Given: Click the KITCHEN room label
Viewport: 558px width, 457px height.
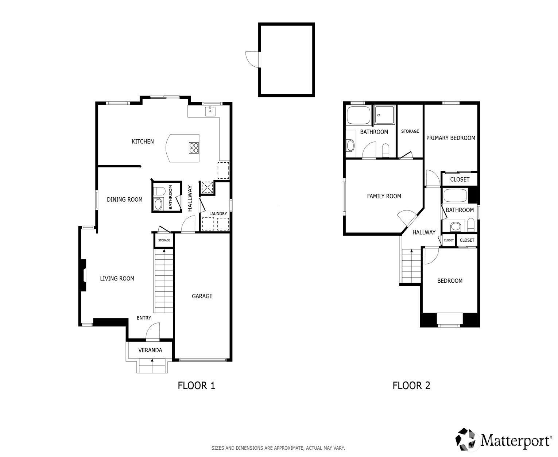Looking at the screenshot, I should pos(143,142).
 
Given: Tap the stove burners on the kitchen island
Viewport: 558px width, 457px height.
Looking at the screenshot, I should pos(194,147).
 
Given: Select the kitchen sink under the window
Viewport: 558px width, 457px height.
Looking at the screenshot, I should pos(210,111).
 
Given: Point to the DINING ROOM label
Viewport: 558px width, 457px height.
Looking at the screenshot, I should pos(124,200).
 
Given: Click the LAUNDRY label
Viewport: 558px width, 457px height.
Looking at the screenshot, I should pos(218,214).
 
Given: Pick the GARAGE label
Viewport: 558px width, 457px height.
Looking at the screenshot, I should pos(202,296).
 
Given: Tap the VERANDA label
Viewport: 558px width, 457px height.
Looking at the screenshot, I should pos(150,350).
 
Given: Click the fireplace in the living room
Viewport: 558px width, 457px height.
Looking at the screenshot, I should pos(84,275).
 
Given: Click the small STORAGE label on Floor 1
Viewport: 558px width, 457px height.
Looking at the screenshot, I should pos(164,240).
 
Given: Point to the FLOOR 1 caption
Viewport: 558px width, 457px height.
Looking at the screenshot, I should pos(196,386).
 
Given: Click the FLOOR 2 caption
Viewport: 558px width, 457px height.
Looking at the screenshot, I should pos(411,386).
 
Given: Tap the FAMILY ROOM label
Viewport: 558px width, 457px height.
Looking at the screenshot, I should pos(384,196).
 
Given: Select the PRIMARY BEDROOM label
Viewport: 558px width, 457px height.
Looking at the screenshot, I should pos(450,138).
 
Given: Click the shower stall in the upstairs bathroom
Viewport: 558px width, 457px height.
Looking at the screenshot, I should pos(384,115).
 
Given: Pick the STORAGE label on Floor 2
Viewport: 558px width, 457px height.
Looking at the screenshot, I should pos(410,131).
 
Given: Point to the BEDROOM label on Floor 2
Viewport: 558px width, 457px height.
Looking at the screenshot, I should pos(450,281).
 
